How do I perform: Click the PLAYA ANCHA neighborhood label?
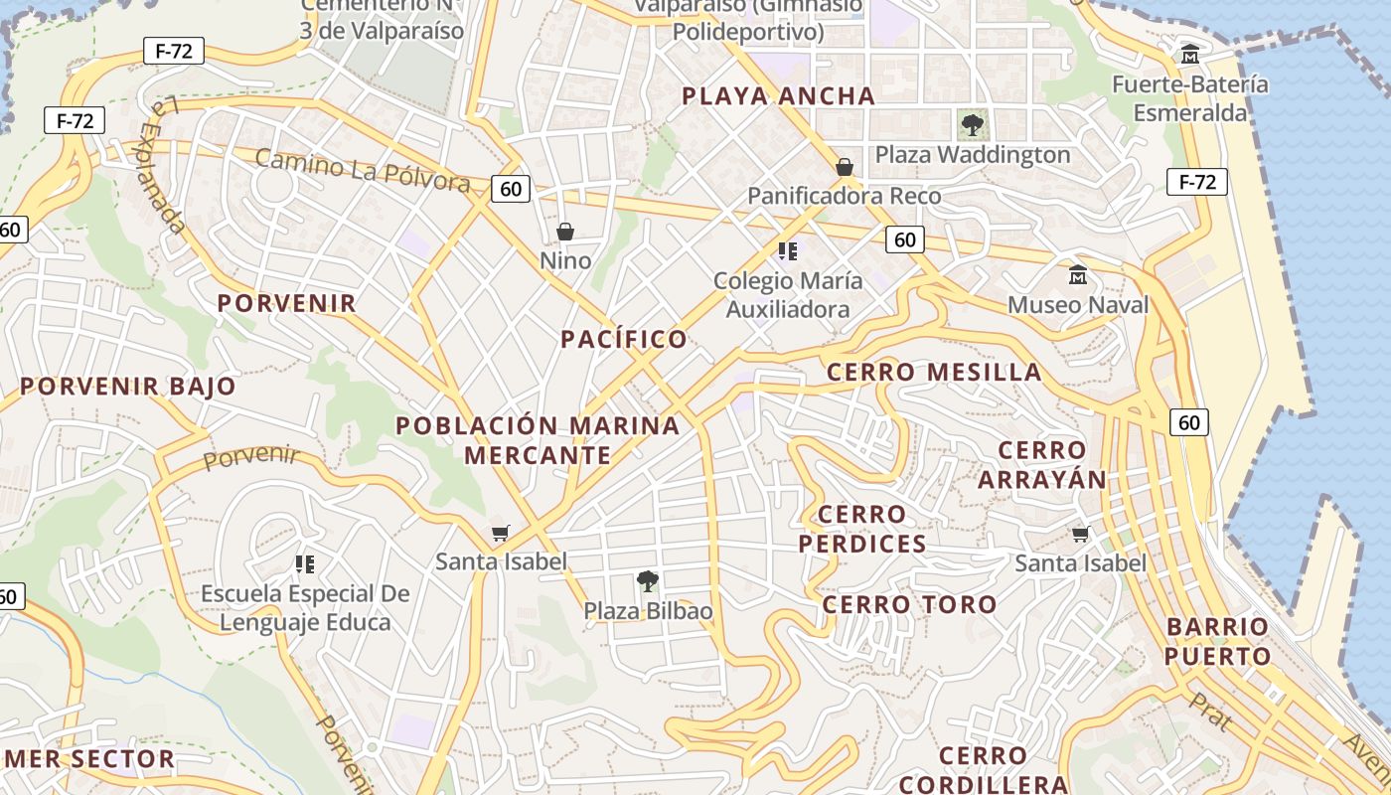779,96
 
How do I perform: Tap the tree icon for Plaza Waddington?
972,125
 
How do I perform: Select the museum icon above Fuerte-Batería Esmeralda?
1189,54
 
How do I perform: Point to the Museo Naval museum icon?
1077,275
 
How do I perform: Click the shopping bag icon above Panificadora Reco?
845,166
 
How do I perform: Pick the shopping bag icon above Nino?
565,232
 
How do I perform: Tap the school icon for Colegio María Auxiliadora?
788,250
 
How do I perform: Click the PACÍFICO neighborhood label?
624,340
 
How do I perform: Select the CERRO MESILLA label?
934,373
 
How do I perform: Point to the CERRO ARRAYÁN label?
1041,465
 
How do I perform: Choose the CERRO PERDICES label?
861,530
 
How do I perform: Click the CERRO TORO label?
909,604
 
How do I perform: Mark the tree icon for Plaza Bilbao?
648,580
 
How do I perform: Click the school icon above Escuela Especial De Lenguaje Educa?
305,564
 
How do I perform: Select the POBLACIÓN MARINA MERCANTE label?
538,440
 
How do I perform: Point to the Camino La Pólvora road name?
363,170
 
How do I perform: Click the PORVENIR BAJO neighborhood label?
128,387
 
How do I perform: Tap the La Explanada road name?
162,164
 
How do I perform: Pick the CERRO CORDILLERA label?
969,770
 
